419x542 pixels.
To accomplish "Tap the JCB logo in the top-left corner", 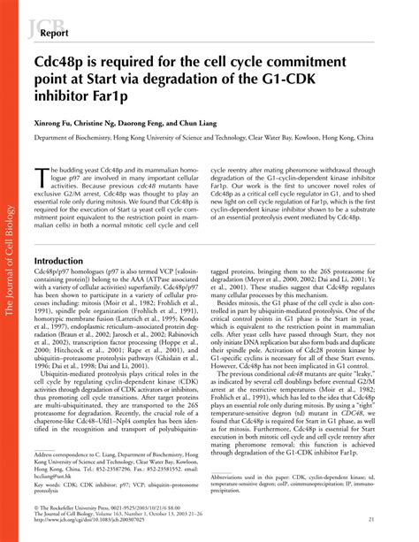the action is pos(41,24).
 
